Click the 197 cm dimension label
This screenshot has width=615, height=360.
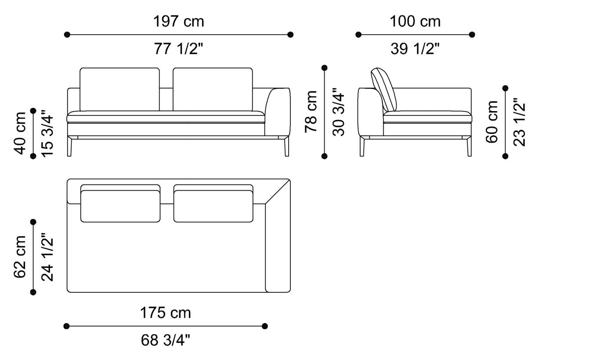coord(178,21)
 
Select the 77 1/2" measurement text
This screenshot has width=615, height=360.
coord(178,49)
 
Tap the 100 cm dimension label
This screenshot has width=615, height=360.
coord(415,21)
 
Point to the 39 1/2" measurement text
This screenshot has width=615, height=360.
coord(415,49)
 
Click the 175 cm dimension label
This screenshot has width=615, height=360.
coord(165,313)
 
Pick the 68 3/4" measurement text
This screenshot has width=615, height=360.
coord(165,340)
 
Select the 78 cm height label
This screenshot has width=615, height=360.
coord(311,112)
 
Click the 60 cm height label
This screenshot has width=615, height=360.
coord(492,122)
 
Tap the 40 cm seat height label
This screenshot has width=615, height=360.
coord(20,133)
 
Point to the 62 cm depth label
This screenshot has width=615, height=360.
coord(20,257)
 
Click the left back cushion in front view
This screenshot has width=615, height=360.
coord(119,89)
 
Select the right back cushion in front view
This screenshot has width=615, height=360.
coord(213,89)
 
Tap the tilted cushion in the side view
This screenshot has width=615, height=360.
coord(383,90)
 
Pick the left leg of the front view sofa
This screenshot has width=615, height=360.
coord(69,147)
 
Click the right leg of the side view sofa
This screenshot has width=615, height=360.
coord(469,147)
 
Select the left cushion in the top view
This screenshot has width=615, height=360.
coord(120,206)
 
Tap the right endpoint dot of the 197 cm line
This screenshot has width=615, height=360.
coord(290,35)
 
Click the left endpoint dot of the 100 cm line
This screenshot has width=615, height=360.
coord(358,35)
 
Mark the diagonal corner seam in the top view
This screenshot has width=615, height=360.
coord(278,192)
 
